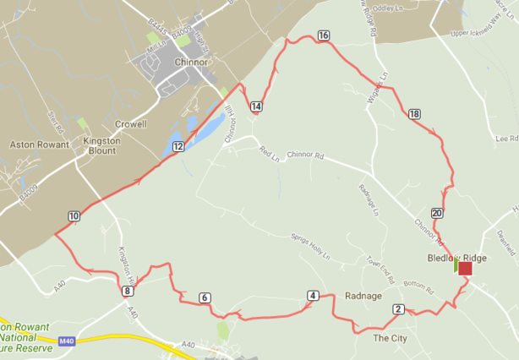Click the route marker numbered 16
324,35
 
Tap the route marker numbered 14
256,106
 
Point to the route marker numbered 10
74,216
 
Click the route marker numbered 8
127,291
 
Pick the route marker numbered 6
205,297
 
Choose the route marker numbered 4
313,296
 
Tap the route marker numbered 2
397,309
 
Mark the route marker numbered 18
413,114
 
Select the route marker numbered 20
436,212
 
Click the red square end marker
465,268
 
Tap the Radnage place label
363,296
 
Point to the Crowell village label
131,123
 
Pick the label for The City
390,338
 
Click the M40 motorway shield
68,341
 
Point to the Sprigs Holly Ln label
309,246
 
